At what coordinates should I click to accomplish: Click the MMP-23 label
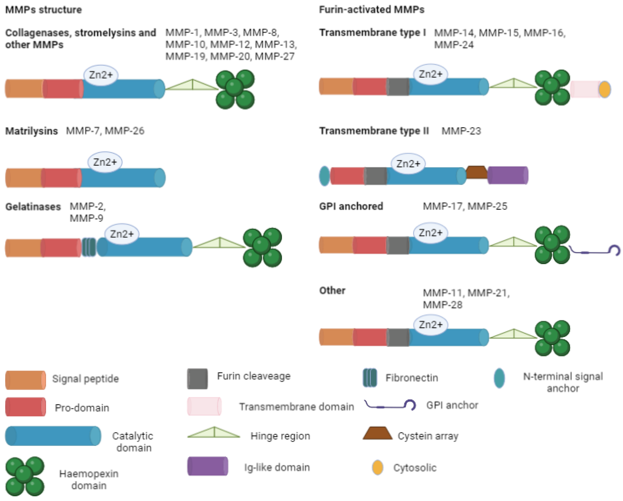pyautogui.click(x=461, y=131)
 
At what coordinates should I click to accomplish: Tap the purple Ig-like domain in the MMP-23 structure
pyautogui.click(x=508, y=175)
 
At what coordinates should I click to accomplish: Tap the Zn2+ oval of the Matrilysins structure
pyautogui.click(x=105, y=162)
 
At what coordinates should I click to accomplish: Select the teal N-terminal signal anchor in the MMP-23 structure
pyautogui.click(x=325, y=176)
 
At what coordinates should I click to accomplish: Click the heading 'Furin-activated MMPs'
pyautogui.click(x=372, y=10)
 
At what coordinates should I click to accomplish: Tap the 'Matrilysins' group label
pyautogui.click(x=32, y=131)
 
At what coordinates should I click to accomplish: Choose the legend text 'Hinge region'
pyautogui.click(x=280, y=436)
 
